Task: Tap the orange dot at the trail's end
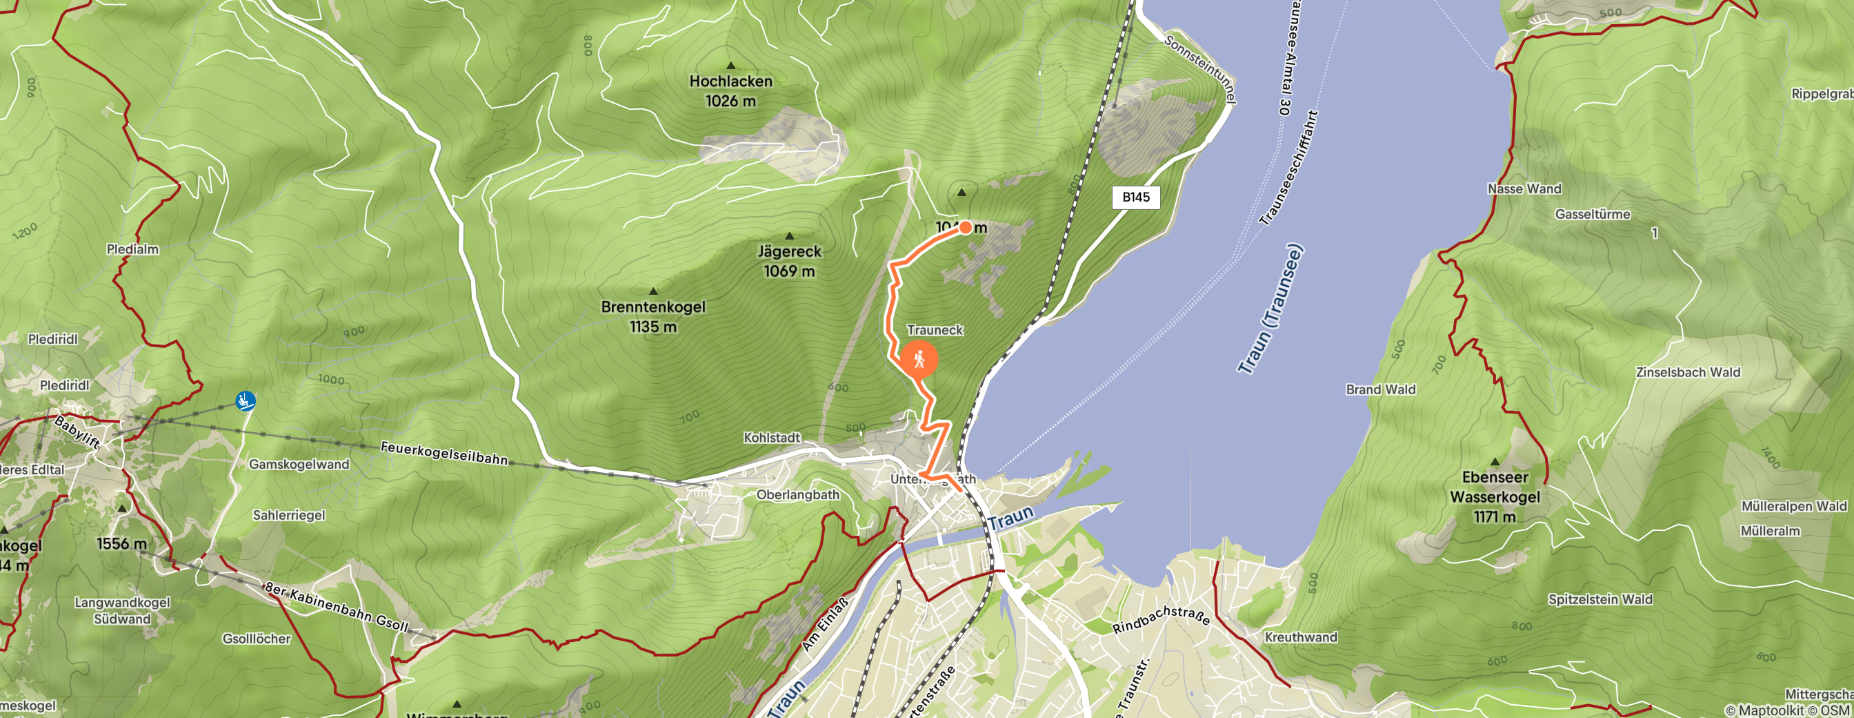[965, 228]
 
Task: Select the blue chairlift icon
[245, 400]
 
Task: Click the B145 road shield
[1136, 197]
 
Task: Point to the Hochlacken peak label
[730, 90]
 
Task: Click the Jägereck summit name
[789, 251]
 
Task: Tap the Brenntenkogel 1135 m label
[652, 316]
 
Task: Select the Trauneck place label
[934, 330]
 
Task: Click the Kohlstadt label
[772, 437]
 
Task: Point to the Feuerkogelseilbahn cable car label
[444, 453]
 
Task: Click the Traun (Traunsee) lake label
[1270, 310]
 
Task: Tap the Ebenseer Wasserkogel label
[1494, 496]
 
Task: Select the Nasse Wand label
[1524, 188]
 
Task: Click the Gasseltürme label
[1592, 214]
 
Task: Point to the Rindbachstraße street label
[1160, 619]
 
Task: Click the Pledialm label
[132, 249]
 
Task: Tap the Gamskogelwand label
[299, 465]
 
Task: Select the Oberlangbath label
[797, 495]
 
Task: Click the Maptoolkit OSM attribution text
[1788, 710]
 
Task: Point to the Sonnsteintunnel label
[1199, 69]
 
